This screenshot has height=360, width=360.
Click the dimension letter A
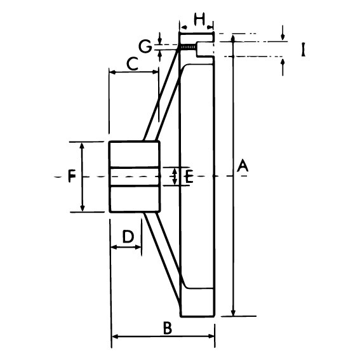click(x=243, y=166)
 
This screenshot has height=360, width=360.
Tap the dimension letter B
click(x=168, y=328)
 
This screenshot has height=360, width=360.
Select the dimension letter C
click(x=133, y=64)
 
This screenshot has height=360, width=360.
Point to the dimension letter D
click(x=128, y=236)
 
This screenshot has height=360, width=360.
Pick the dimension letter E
click(x=189, y=177)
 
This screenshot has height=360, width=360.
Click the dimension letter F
click(x=72, y=177)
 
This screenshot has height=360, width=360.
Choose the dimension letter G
click(x=145, y=46)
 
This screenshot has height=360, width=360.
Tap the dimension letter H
click(x=199, y=19)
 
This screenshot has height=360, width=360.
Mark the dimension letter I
click(x=303, y=50)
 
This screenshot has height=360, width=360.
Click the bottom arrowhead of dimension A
click(x=233, y=313)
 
